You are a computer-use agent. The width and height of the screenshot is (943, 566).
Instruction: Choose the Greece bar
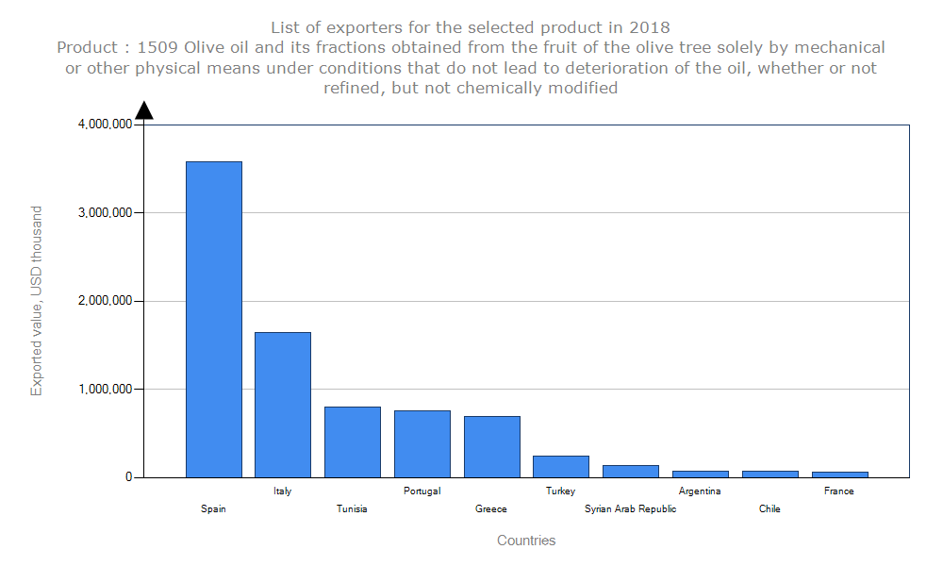coord(491,446)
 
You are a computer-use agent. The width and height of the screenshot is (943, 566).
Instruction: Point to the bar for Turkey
coord(561,466)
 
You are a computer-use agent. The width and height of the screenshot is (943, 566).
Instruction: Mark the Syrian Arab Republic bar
coord(631,471)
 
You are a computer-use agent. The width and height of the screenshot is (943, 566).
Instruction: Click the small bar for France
coord(839,474)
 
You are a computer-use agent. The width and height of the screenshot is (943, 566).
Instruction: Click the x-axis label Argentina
coord(700,491)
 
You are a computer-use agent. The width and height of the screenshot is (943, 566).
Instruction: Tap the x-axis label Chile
coord(769,509)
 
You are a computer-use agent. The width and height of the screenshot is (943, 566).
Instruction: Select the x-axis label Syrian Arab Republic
coord(630,509)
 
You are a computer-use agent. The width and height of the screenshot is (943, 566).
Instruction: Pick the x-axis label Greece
coord(491,509)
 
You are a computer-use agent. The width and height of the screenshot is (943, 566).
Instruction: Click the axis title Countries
coord(526,541)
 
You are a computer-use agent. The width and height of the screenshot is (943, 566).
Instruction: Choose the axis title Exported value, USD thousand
coord(37,301)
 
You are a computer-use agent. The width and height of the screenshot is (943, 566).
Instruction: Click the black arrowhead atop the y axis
coord(144,110)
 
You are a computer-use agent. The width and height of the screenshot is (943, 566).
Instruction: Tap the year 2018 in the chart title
coord(650,26)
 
